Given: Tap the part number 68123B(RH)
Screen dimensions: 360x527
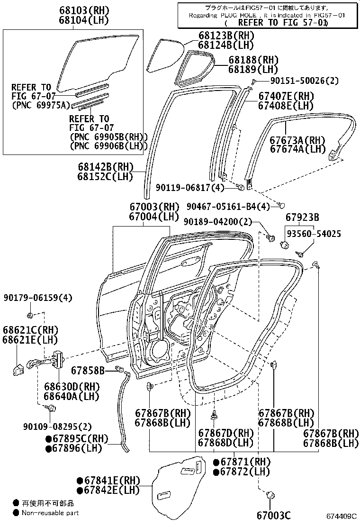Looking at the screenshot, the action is pyautogui.click(x=225, y=35).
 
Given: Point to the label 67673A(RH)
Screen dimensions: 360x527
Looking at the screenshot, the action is pyautogui.click(x=297, y=140).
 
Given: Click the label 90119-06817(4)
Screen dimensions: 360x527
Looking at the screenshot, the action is pyautogui.click(x=190, y=188).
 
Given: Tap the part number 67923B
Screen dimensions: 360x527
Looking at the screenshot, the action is pyautogui.click(x=302, y=218).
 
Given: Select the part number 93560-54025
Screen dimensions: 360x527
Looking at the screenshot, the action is pyautogui.click(x=314, y=234).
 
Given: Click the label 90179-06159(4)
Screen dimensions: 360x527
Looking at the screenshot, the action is pyautogui.click(x=37, y=298).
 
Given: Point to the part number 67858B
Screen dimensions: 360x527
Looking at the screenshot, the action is pyautogui.click(x=88, y=371).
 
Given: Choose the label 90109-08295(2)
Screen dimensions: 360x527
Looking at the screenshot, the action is pyautogui.click(x=57, y=427).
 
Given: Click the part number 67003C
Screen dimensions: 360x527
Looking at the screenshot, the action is pyautogui.click(x=274, y=515).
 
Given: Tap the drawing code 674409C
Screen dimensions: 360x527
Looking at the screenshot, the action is pyautogui.click(x=341, y=516).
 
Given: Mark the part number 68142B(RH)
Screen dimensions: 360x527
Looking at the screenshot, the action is pyautogui.click(x=106, y=167).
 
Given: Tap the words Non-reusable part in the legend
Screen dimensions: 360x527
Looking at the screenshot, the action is pyautogui.click(x=50, y=513).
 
